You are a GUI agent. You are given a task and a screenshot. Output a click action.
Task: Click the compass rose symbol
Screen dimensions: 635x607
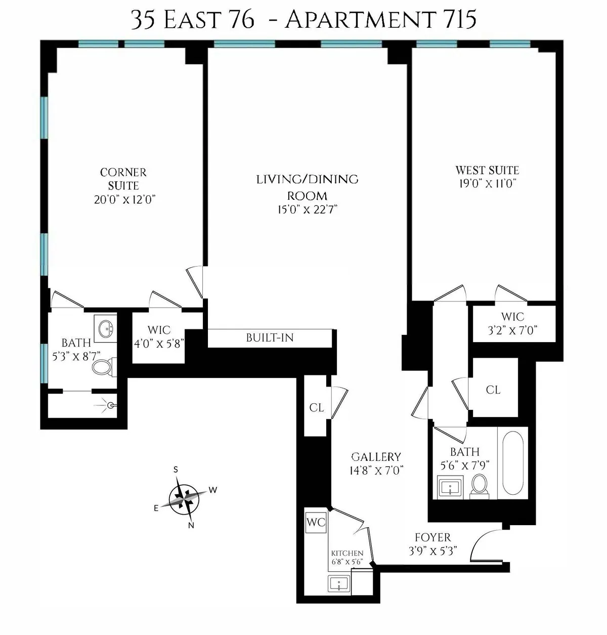click(184, 499)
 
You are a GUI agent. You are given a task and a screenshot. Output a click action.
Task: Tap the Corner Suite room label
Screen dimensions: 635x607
click(123, 179)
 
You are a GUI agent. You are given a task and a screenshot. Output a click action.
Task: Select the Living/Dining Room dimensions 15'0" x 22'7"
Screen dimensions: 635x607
click(307, 209)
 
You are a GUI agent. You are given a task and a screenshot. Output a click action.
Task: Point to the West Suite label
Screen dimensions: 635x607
click(487, 170)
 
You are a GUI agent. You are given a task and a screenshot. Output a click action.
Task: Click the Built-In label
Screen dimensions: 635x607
click(270, 337)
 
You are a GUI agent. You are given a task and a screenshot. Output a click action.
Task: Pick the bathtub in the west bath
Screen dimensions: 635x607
click(512, 462)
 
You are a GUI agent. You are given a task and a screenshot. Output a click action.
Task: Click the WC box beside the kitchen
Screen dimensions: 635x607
click(316, 522)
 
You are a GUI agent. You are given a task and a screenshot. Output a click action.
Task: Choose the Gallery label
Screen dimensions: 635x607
click(376, 456)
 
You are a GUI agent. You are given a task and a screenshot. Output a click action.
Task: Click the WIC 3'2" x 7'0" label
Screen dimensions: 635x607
click(512, 323)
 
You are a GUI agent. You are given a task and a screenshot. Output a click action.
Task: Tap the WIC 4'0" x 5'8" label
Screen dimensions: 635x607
click(159, 336)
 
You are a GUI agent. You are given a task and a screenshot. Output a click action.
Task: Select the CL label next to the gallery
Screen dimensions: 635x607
click(316, 407)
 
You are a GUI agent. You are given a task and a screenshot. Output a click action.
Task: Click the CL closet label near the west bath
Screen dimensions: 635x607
click(493, 389)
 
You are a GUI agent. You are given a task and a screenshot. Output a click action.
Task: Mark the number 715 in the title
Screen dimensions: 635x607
click(457, 20)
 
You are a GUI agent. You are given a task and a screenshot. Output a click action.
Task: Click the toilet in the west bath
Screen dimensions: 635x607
click(479, 485)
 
